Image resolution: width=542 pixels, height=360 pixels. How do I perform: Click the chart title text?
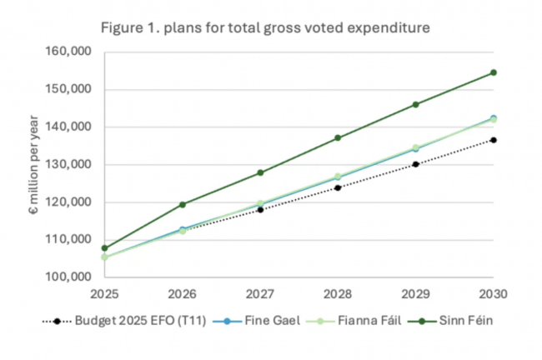[265, 27]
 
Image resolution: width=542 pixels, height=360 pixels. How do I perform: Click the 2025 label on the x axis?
[105, 294]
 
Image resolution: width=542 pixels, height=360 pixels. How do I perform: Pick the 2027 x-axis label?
[260, 294]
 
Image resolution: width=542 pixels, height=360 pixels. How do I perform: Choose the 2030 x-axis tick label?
[493, 294]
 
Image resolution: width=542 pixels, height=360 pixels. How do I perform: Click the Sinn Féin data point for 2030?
[493, 72]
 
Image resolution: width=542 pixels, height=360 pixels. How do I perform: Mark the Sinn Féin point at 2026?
[183, 204]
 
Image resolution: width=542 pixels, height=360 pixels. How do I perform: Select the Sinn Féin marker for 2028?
[338, 137]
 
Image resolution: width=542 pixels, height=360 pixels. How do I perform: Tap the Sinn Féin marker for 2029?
[415, 104]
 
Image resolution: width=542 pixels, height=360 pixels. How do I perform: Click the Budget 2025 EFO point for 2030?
[493, 140]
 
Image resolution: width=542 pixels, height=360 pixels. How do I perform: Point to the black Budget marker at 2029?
[415, 164]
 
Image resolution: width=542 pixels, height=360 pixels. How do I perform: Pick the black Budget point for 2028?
[338, 187]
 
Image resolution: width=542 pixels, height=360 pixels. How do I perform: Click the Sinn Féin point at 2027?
[260, 172]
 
